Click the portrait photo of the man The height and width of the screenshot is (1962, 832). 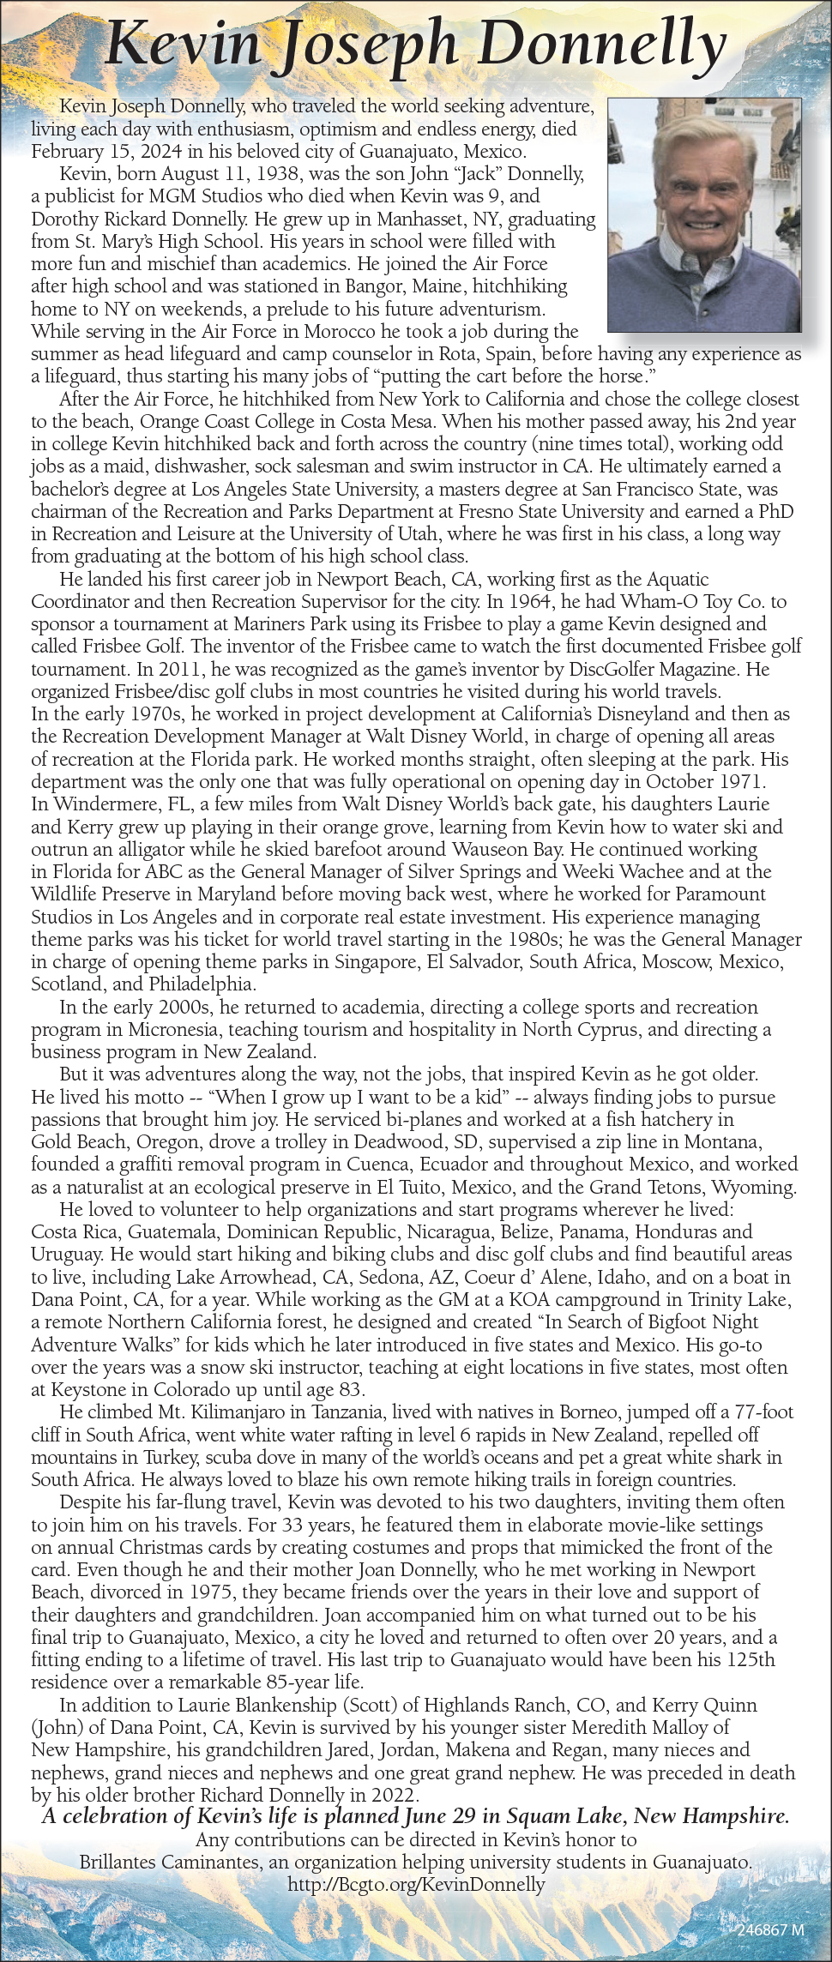point(703,214)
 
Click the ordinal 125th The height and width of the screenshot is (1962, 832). point(751,1659)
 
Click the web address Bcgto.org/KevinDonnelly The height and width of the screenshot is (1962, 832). point(416,1884)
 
